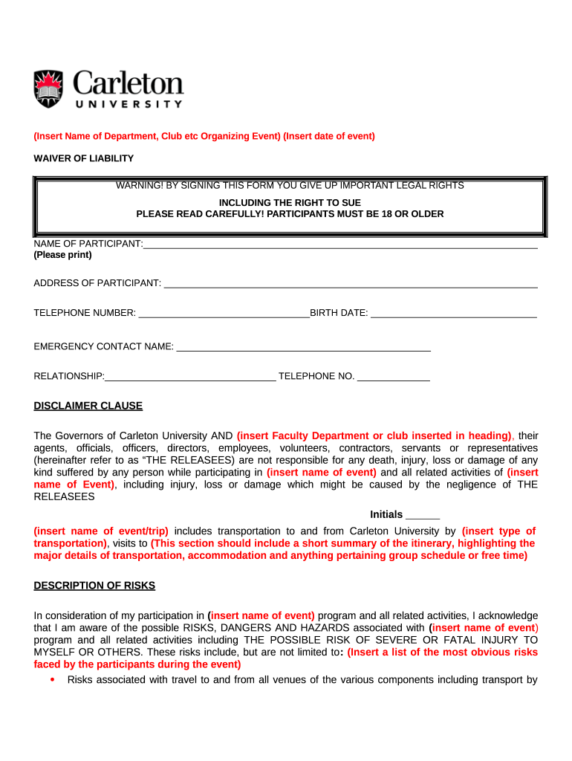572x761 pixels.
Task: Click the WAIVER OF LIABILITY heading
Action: click(x=83, y=158)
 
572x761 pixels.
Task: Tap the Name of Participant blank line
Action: click(x=339, y=246)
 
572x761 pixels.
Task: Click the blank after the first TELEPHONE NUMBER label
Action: click(x=224, y=314)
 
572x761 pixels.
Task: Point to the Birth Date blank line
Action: click(x=453, y=314)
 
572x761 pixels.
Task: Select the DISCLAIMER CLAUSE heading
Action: click(x=88, y=406)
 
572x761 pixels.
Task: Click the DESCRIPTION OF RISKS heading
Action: click(x=94, y=586)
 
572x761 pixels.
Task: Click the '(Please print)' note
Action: click(x=62, y=255)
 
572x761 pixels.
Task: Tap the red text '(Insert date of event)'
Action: click(x=329, y=136)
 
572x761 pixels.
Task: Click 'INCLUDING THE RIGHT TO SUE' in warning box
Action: click(x=290, y=202)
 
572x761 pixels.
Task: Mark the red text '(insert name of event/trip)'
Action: click(x=101, y=531)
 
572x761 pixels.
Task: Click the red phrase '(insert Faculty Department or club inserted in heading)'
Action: click(x=374, y=435)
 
